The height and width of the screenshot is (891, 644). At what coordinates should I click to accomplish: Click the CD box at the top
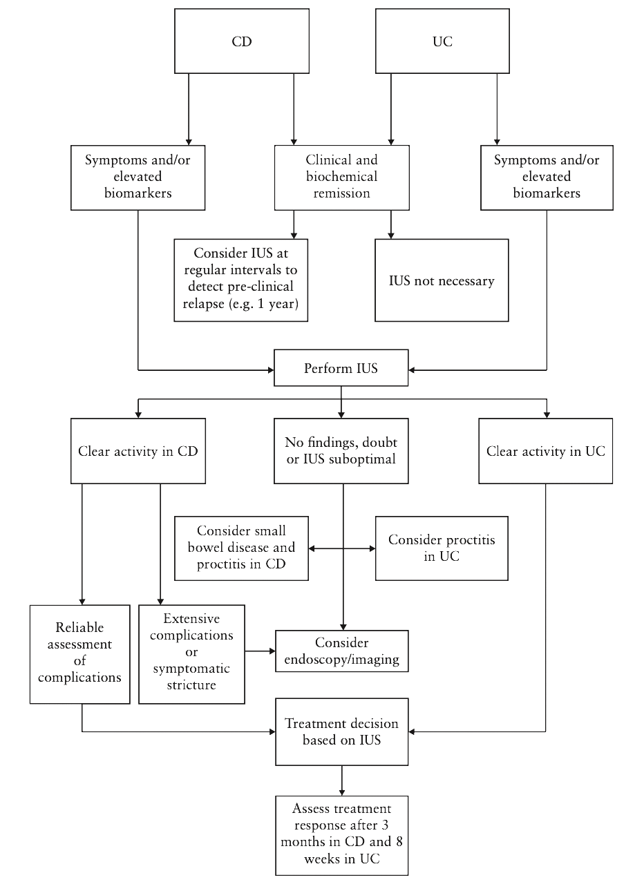coord(241,41)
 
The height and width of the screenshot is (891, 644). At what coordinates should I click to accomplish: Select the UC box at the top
coord(442,41)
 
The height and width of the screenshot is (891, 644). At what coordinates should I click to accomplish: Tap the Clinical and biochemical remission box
coord(341,177)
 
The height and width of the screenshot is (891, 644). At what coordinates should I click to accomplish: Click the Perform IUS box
coord(341,367)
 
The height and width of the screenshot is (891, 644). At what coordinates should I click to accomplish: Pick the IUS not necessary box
coord(442,280)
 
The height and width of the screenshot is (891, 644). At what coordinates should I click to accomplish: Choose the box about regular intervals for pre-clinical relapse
coord(240,280)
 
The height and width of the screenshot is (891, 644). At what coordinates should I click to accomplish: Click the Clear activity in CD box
coord(138,451)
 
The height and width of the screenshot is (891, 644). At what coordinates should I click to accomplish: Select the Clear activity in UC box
coord(546,451)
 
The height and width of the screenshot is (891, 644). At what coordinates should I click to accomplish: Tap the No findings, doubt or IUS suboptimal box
coord(341,451)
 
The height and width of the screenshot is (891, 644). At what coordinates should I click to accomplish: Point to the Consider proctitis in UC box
coord(442,548)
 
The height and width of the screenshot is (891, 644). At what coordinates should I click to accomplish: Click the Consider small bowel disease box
coord(241,548)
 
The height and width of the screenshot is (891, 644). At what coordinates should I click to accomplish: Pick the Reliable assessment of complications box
coord(79,654)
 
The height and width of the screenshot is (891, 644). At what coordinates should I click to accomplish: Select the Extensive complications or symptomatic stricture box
coord(191,654)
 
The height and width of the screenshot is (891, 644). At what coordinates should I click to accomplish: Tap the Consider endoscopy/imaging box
coord(341,651)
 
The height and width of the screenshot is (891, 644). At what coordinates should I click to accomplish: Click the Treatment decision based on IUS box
coord(341,732)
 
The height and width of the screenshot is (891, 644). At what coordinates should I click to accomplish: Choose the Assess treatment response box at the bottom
coord(341,835)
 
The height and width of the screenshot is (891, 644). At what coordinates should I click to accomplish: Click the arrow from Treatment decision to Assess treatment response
coord(341,780)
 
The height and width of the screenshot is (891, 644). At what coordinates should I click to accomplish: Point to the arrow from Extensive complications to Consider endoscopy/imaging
coord(261,651)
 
